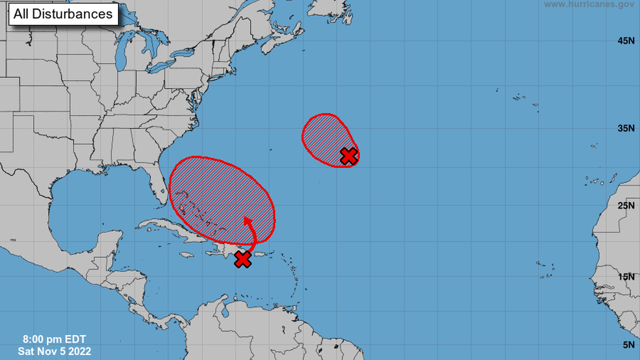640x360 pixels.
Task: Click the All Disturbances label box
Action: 63,14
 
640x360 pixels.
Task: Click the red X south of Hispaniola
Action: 243,259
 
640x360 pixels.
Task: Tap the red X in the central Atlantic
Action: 349,156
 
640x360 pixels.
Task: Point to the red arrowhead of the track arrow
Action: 246,220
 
